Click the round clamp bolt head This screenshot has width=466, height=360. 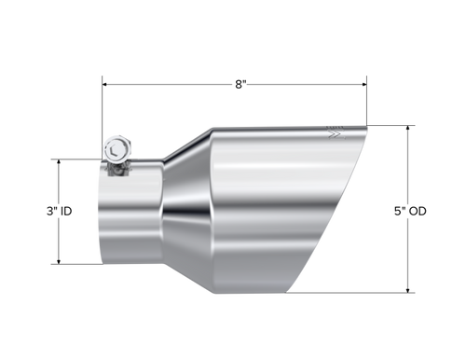tap(116, 149)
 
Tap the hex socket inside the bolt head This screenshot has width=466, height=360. tap(114, 149)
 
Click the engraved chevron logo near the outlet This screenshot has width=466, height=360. tap(335, 136)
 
